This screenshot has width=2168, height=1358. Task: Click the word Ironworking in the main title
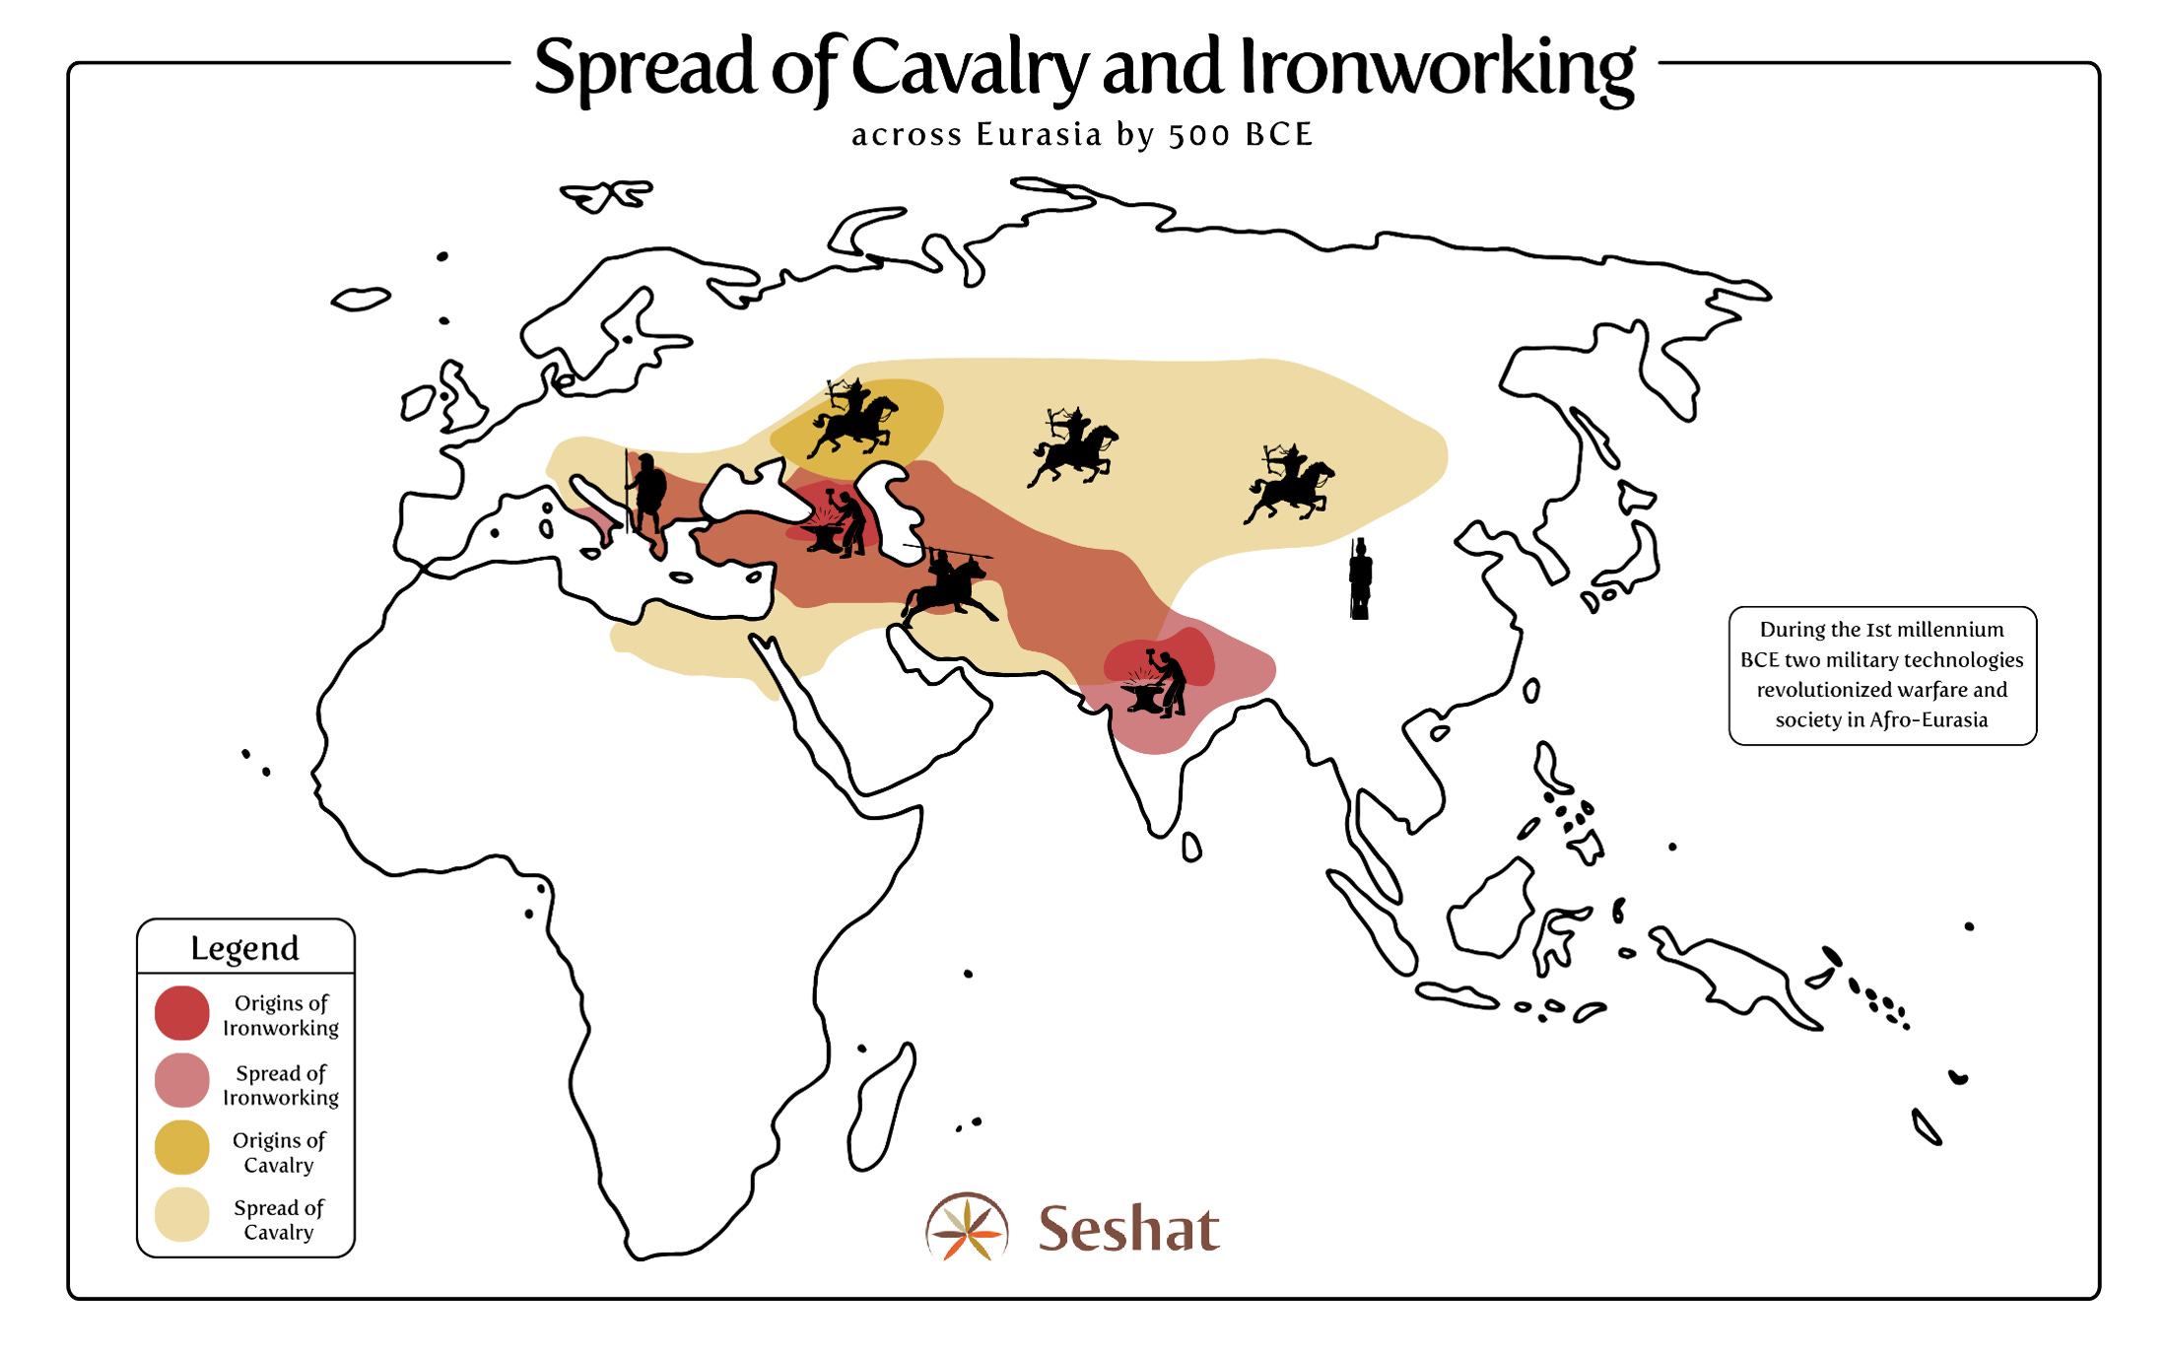click(x=1437, y=67)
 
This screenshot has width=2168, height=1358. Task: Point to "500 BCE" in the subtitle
click(x=1241, y=134)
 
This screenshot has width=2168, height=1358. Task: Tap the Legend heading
click(x=244, y=948)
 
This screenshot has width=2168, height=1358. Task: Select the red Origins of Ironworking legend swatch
click(x=182, y=1013)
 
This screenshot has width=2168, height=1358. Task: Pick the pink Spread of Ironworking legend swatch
click(x=182, y=1081)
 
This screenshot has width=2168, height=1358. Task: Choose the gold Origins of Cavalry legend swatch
click(x=182, y=1148)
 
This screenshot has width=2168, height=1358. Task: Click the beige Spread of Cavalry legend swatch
click(x=182, y=1215)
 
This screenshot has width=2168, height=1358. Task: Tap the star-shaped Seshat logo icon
click(x=967, y=1228)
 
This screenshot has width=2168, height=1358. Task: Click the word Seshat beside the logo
click(x=1128, y=1229)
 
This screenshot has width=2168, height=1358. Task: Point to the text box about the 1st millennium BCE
click(x=1881, y=675)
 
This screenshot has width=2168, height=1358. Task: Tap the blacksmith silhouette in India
click(x=1158, y=683)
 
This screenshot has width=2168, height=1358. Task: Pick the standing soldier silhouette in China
click(x=1360, y=579)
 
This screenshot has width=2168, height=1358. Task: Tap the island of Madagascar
click(x=880, y=1108)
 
